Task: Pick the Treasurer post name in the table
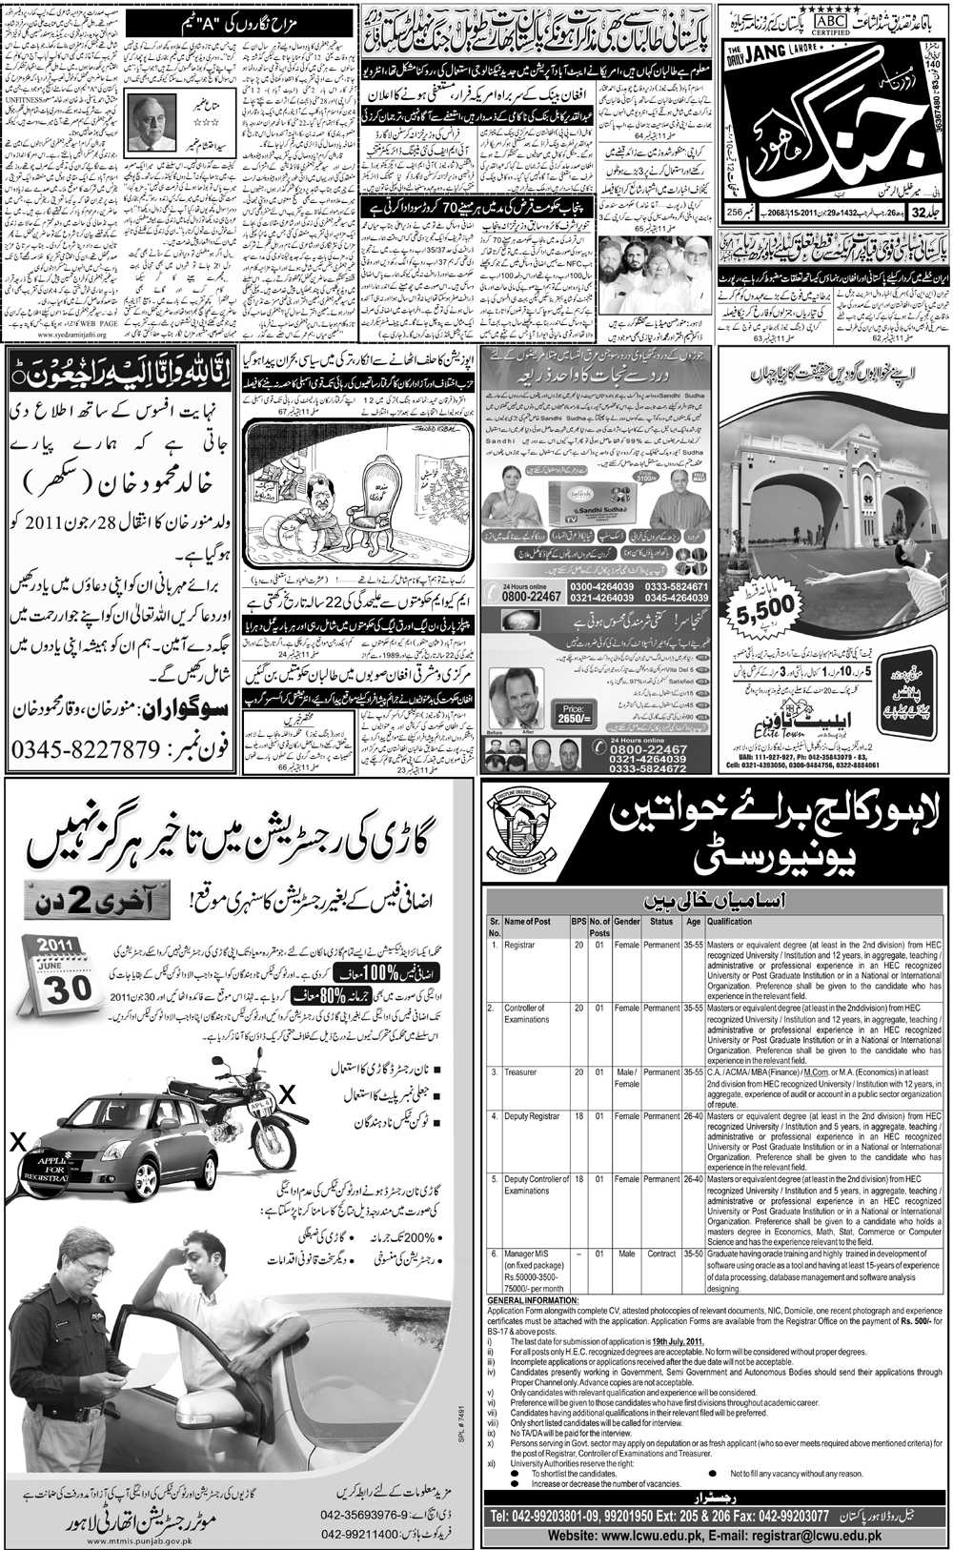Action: pyautogui.click(x=521, y=1072)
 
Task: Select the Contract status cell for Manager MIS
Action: pyautogui.click(x=661, y=1253)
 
